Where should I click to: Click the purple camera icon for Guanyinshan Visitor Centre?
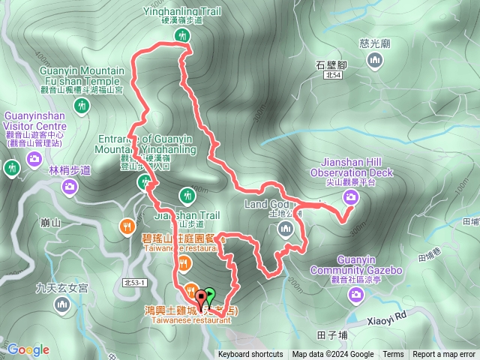point(34,158)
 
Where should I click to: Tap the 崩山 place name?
point(51,222)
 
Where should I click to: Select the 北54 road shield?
point(333,75)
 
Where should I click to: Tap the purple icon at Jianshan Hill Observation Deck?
point(350,197)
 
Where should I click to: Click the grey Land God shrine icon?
point(285,229)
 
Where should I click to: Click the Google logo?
point(28,349)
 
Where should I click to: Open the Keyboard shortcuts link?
point(250,355)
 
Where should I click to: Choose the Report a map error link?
point(445,355)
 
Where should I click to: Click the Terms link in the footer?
point(393,355)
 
